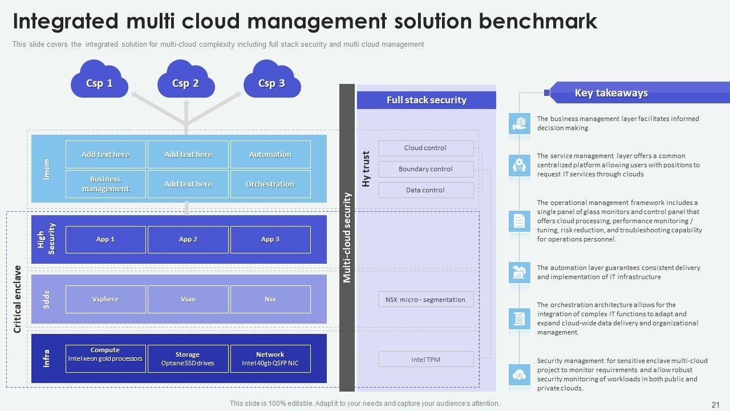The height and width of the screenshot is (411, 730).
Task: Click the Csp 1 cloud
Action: (99, 83)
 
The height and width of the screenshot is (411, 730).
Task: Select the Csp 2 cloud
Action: (185, 83)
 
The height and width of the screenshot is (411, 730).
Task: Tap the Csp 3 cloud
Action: (271, 83)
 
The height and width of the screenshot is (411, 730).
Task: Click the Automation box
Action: (270, 154)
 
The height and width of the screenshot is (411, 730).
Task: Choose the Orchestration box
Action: (270, 184)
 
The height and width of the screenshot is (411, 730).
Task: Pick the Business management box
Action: (106, 184)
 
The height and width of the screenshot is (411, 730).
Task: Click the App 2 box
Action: (188, 239)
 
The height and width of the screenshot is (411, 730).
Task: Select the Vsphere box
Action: (106, 299)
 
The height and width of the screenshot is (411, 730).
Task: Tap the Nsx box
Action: (270, 299)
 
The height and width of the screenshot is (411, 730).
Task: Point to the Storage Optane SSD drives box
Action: (188, 358)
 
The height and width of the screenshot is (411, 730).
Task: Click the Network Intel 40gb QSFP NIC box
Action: (270, 358)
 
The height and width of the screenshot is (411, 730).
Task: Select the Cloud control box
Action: (425, 148)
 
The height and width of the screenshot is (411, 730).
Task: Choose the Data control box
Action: (425, 190)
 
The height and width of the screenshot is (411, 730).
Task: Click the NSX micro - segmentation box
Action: (425, 300)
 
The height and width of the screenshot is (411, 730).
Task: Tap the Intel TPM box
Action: (425, 360)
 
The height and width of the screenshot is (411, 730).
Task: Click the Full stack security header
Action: (426, 100)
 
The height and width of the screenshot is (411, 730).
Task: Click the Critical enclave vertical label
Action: (17, 299)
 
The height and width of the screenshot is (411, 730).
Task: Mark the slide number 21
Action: (716, 404)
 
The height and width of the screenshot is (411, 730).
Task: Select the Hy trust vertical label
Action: (366, 169)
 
